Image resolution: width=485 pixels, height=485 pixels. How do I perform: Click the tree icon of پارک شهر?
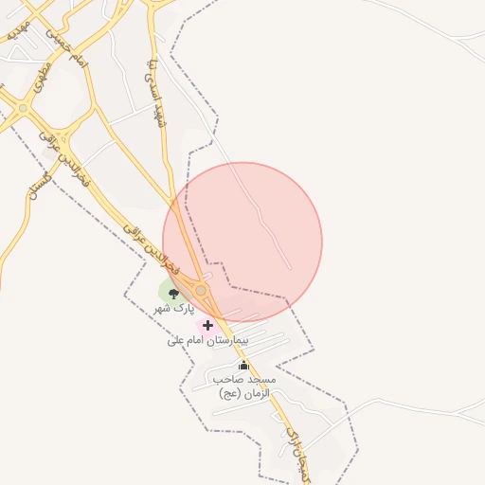pos(172,295)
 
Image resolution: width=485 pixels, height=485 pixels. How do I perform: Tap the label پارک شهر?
pos(173,309)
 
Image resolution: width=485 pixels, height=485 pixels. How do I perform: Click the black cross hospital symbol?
pos(207,325)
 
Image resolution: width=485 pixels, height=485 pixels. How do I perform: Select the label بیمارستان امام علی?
pos(207,339)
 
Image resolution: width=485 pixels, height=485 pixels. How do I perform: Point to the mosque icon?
pos(243,366)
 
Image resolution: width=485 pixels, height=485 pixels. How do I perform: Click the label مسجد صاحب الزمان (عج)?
pos(243,386)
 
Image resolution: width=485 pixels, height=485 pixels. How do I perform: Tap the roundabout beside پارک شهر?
pos(201,289)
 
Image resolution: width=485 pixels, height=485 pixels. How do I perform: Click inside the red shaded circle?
pos(242,242)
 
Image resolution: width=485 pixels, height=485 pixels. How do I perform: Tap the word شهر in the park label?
pos(163,309)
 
